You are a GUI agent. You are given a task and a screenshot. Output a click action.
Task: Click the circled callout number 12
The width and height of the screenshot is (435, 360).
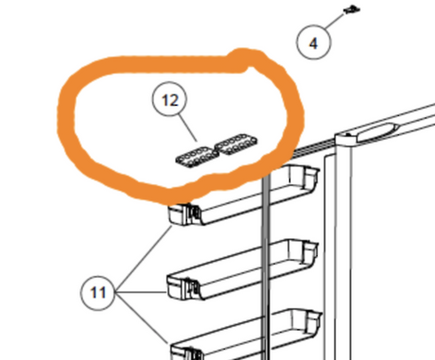[169, 99]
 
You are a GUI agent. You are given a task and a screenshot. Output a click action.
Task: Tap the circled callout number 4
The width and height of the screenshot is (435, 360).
[313, 42]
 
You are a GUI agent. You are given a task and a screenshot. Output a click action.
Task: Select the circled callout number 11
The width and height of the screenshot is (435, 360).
[98, 293]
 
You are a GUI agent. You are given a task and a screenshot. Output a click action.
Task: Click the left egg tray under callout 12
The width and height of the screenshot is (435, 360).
[197, 158]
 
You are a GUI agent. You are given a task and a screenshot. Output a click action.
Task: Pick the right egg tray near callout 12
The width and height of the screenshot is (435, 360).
[235, 144]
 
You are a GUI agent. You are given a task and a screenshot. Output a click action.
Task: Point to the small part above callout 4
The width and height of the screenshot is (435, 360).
[351, 9]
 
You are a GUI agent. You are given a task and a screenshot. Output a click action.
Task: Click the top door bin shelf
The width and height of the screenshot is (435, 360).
[243, 196]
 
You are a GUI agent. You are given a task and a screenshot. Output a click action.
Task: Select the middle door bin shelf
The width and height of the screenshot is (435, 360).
[242, 269]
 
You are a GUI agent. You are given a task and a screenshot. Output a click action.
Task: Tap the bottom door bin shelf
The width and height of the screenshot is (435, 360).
[246, 335]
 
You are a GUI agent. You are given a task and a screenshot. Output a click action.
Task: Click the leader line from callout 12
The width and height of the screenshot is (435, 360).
[188, 128]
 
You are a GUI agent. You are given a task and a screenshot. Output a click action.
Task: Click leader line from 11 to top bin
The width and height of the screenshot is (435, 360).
[144, 259]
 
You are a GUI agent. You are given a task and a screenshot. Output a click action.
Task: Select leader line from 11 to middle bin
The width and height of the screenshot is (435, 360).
[141, 293]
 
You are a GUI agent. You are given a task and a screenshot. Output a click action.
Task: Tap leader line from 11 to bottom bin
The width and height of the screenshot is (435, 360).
[142, 318]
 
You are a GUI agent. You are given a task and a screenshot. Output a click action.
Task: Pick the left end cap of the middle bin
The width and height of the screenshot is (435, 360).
[180, 287]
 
